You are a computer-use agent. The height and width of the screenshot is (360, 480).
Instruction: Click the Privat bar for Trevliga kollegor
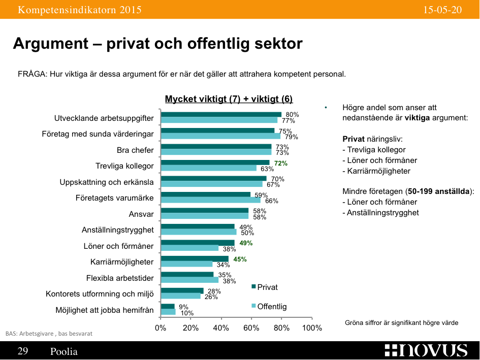click(215, 163)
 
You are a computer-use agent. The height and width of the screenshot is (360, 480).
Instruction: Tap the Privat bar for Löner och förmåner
click(198, 243)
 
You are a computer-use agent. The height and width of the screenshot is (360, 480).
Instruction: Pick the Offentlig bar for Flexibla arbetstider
click(189, 280)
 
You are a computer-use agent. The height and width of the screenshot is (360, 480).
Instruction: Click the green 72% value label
click(281, 163)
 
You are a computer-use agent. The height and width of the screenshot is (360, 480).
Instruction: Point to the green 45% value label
click(240, 259)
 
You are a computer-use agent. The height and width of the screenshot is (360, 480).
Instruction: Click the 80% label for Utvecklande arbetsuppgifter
click(292, 115)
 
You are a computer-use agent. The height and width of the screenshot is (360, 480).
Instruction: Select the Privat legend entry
click(265, 287)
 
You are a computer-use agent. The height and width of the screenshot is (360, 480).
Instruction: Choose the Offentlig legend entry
click(269, 306)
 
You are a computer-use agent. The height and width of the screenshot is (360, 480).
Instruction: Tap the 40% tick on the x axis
click(221, 328)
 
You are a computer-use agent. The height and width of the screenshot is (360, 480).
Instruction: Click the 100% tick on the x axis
click(312, 328)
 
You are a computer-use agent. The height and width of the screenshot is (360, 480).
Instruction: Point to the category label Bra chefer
click(135, 150)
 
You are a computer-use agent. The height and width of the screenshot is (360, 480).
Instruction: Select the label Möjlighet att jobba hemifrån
click(104, 310)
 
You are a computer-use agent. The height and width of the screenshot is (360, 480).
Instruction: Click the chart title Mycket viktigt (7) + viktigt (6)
click(229, 99)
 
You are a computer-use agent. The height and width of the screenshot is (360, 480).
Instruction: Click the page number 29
click(23, 351)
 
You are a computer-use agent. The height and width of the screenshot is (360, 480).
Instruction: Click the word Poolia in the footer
click(64, 351)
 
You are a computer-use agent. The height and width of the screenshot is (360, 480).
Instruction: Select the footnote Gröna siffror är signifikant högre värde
click(401, 322)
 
